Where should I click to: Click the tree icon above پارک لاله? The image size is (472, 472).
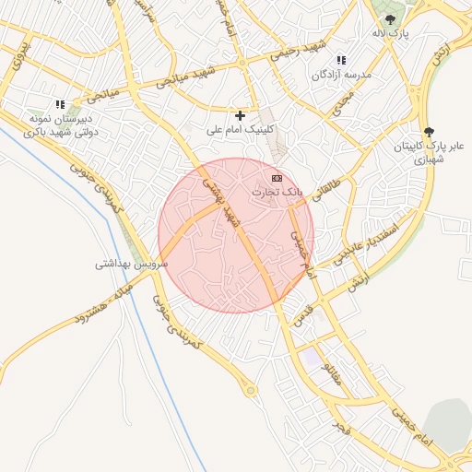(390, 18)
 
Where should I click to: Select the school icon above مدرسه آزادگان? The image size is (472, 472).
(341, 60)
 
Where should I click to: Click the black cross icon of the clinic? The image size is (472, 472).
(241, 115)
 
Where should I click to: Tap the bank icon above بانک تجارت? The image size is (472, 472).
(277, 177)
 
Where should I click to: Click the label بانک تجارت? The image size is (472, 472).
(277, 192)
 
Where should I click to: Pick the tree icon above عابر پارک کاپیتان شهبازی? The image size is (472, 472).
(427, 132)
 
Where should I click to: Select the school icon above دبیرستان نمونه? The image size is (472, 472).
(60, 105)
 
